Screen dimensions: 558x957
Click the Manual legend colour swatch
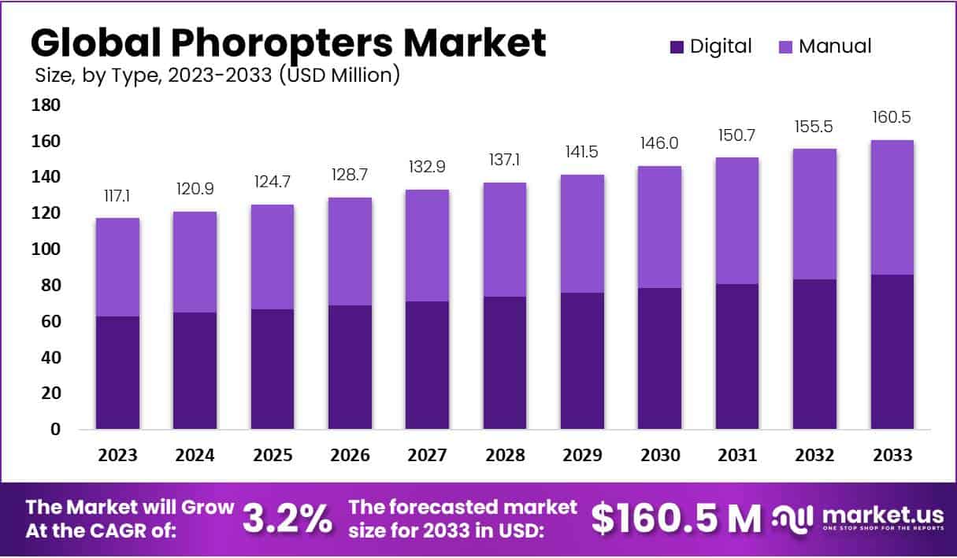[785, 46]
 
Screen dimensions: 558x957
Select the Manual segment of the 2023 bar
[117, 267]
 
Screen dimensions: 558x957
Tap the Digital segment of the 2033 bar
[892, 352]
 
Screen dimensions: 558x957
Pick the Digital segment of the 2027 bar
[428, 365]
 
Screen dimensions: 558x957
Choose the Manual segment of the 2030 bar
[660, 227]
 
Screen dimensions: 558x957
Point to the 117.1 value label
[117, 194]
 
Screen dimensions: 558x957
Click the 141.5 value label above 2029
[583, 150]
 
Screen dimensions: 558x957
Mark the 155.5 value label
[815, 126]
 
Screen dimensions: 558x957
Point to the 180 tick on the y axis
[46, 105]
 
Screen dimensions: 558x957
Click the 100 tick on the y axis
[46, 249]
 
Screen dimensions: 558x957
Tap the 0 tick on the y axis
[54, 430]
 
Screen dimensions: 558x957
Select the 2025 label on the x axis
[273, 456]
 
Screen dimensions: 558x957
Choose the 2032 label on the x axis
[815, 456]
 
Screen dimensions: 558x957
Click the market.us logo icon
[792, 517]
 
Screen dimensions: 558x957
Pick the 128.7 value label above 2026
[350, 173]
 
